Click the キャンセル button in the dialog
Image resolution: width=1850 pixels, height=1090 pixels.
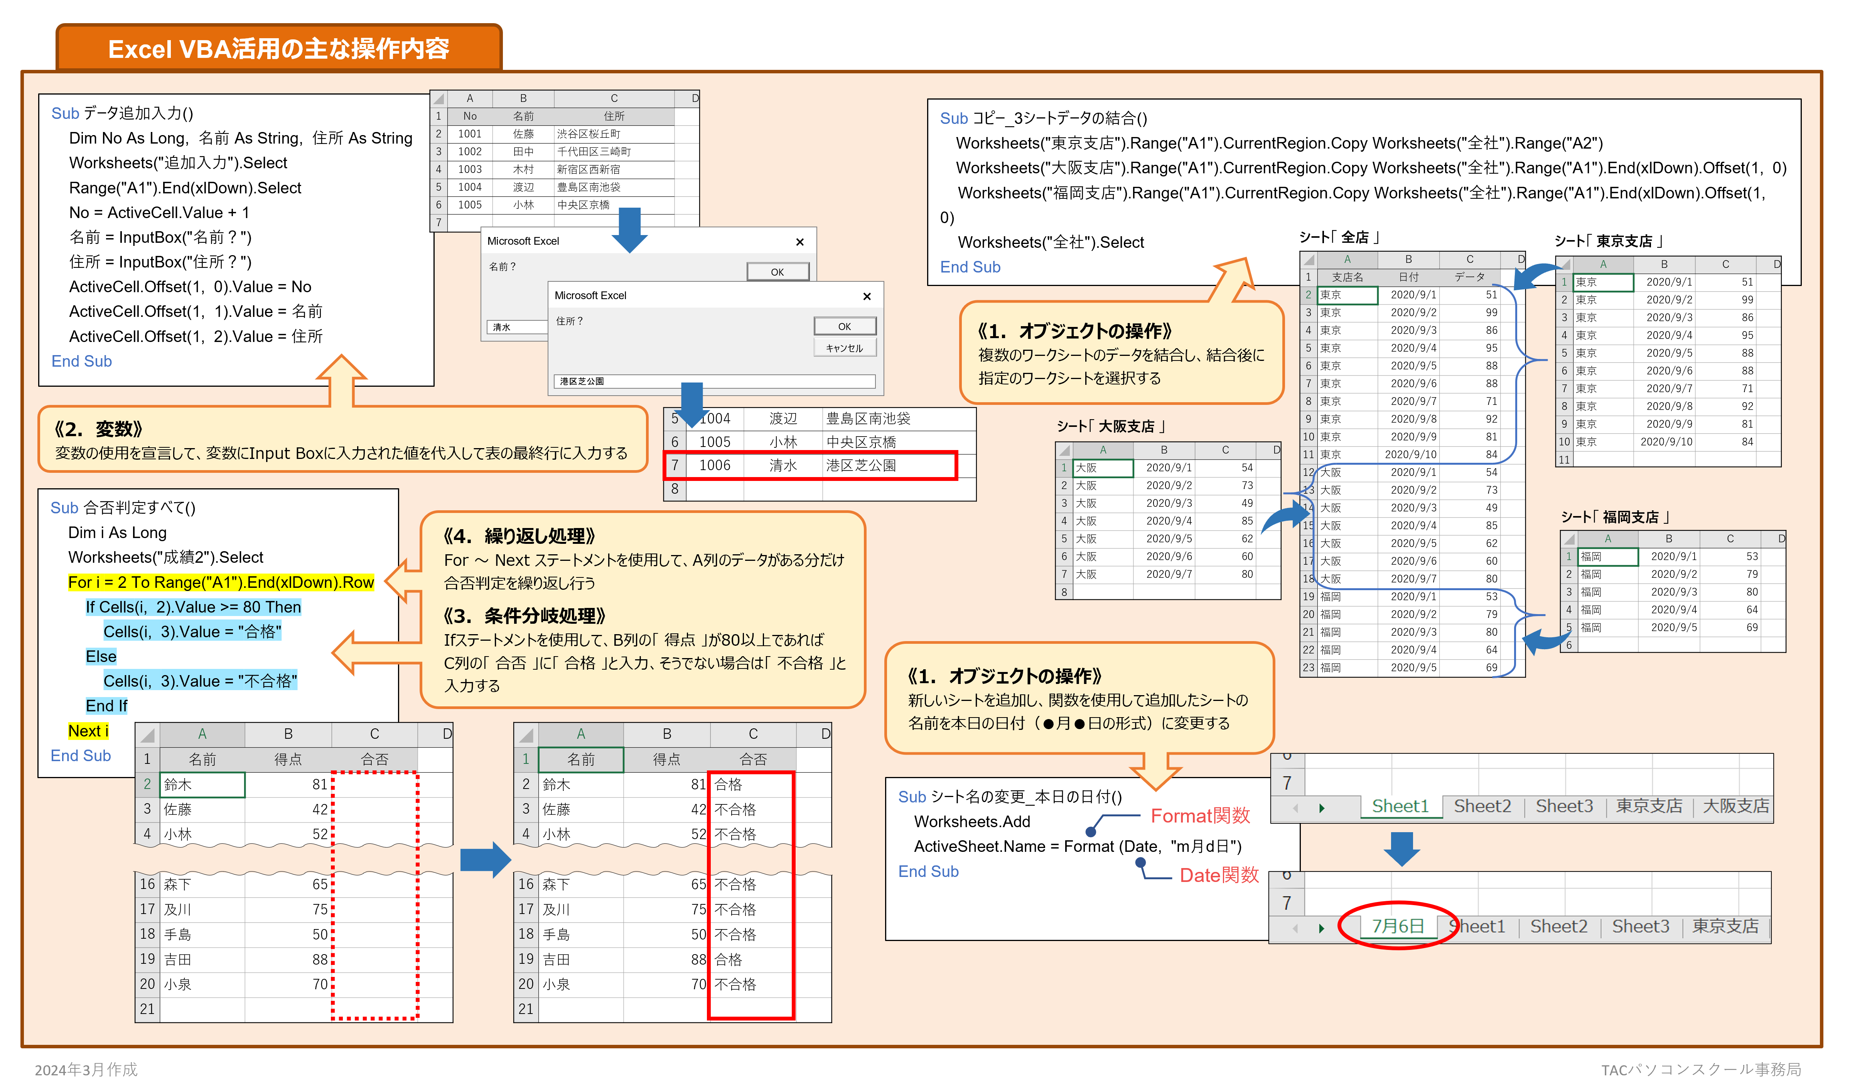click(x=844, y=348)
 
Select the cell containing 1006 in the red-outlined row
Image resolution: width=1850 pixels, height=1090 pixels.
click(x=714, y=465)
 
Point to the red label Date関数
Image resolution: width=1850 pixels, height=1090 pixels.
click(x=1219, y=875)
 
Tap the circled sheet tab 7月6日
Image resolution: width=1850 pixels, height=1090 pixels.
click(x=1398, y=926)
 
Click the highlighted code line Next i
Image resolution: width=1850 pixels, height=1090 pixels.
click(x=88, y=731)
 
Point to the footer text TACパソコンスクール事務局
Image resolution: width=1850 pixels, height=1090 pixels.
click(x=1701, y=1070)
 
